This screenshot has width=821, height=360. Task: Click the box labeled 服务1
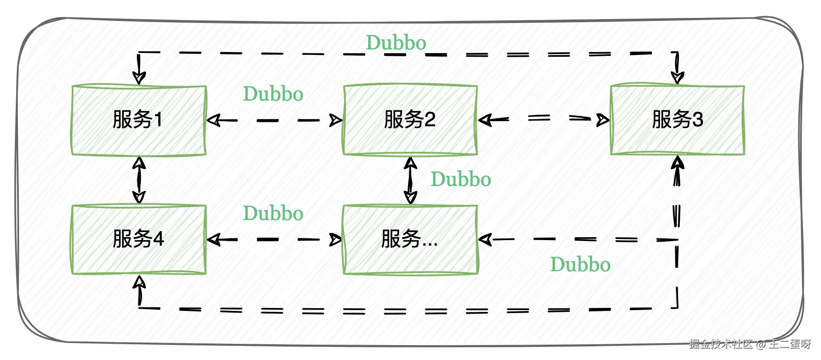139,120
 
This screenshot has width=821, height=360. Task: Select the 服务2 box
410,120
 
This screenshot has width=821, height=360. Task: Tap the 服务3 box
677,120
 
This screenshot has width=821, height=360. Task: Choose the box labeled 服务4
139,239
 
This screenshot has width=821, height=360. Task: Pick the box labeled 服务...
410,239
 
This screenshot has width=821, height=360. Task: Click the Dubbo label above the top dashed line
396,43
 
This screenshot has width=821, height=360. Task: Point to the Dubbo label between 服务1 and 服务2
273,94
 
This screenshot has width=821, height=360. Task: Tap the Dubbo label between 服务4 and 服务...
273,214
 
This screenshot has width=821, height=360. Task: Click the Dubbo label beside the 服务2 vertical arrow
461,180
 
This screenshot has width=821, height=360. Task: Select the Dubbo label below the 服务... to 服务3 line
580,265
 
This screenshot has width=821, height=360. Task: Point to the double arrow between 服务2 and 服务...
410,180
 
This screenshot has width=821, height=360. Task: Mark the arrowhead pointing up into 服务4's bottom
139,282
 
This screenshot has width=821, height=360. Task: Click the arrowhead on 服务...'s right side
485,240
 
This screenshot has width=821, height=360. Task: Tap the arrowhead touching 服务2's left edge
336,120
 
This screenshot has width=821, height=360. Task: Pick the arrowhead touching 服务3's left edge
603,120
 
